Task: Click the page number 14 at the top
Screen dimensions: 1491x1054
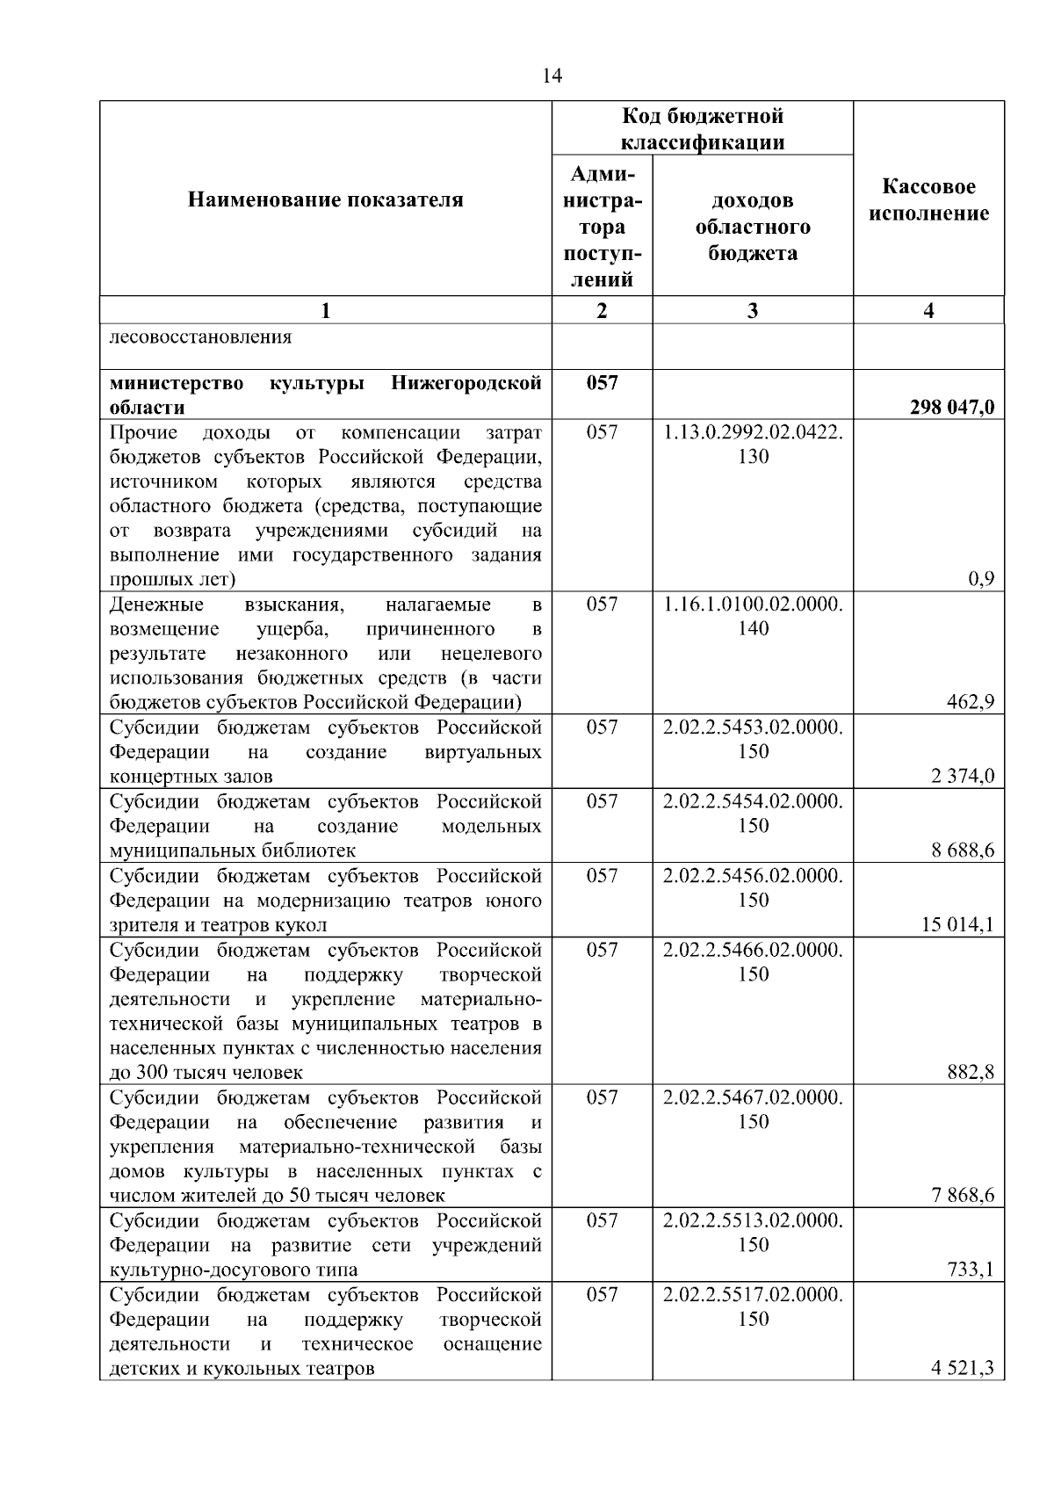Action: pos(552,76)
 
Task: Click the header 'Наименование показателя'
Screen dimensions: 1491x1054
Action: pos(325,200)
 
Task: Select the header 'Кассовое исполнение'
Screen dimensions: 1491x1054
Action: pos(928,200)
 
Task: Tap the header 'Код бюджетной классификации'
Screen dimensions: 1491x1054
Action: pos(702,129)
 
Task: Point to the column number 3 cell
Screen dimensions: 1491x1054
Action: pos(752,310)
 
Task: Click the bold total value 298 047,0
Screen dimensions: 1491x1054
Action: pos(952,408)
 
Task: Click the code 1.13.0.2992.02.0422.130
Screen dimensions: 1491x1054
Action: pos(753,444)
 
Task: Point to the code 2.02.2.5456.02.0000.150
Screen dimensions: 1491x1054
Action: pos(753,887)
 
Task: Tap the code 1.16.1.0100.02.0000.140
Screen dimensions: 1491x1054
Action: pos(753,616)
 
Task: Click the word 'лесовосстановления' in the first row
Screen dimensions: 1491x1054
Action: pos(200,337)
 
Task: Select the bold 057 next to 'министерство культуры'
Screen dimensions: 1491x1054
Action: pos(602,383)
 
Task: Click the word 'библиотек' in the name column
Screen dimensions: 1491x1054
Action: pos(318,850)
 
